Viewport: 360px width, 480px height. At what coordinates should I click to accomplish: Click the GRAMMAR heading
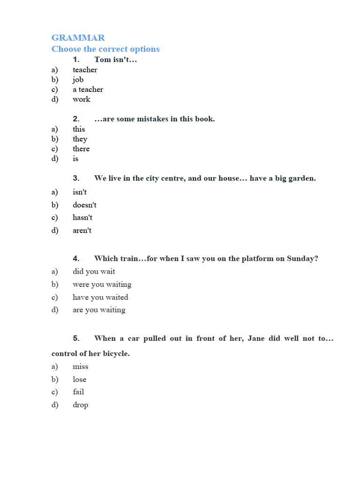(x=78, y=37)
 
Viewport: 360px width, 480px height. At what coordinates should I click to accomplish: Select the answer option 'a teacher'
(x=88, y=89)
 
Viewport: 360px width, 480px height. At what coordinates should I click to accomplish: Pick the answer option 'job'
(x=78, y=79)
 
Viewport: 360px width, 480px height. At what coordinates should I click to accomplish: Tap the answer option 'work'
(x=81, y=99)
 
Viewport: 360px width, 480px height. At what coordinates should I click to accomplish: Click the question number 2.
(x=76, y=119)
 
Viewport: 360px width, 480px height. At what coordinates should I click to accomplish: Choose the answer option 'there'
(x=81, y=149)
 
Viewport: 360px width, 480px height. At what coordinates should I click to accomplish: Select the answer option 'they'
(x=80, y=139)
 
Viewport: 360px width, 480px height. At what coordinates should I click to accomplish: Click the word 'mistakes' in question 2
(x=151, y=119)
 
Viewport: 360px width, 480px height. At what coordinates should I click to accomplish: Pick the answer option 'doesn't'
(x=84, y=205)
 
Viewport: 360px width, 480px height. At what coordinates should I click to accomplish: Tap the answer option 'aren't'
(x=82, y=230)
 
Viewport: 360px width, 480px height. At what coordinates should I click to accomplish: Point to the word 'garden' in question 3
(x=302, y=178)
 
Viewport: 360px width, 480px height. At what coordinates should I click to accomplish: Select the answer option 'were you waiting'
(x=102, y=284)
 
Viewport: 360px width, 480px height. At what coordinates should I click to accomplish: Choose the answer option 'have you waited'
(x=100, y=297)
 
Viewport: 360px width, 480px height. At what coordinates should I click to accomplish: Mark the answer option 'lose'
(x=79, y=379)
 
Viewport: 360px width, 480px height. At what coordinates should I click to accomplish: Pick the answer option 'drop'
(x=80, y=405)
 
